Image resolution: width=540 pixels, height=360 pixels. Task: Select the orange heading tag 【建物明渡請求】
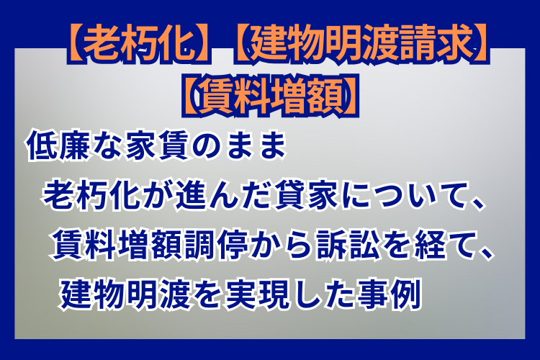[361, 43]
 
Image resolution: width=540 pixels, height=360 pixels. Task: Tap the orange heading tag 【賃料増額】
[270, 96]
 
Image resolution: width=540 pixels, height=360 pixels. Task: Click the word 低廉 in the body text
[58, 145]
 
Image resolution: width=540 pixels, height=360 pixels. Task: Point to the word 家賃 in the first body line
[158, 145]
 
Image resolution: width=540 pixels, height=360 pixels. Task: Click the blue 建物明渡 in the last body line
[126, 294]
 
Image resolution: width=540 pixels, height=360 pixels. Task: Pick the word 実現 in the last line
[257, 294]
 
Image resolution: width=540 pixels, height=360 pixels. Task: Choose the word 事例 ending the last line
[390, 294]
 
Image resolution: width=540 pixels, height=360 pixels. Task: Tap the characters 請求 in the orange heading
[437, 43]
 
